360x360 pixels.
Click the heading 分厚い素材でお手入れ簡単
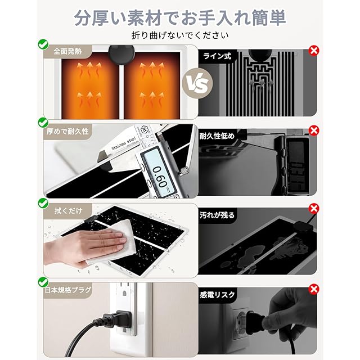click(x=180, y=18)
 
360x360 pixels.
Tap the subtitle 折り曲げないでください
click(x=180, y=35)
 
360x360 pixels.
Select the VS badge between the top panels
click(x=197, y=83)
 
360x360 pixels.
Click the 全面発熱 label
click(x=67, y=51)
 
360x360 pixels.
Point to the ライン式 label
click(x=217, y=56)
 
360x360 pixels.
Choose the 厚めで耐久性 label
click(x=67, y=131)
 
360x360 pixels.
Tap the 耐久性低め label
click(x=217, y=136)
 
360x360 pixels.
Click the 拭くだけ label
click(x=68, y=210)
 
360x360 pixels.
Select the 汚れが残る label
click(x=217, y=215)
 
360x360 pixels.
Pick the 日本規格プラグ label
click(x=68, y=290)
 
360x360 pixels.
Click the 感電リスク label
click(x=217, y=295)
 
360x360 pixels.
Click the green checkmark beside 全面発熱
click(x=43, y=44)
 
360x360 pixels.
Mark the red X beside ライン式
click(x=314, y=50)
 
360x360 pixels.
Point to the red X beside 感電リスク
click(x=314, y=289)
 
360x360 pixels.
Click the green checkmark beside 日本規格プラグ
click(x=43, y=282)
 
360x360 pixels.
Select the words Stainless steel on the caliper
click(x=124, y=143)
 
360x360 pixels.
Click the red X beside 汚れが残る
click(x=314, y=209)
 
